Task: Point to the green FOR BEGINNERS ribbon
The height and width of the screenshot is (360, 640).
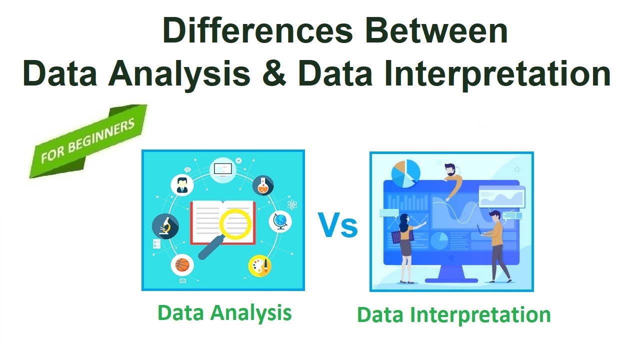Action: coord(88,141)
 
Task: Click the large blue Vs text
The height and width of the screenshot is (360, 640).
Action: coord(338,225)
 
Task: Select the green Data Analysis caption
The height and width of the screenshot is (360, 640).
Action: coord(224,313)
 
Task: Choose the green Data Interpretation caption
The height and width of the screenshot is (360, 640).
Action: coord(453,315)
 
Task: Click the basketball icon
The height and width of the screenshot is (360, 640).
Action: coord(182,265)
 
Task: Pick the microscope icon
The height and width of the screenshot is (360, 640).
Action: coord(165,226)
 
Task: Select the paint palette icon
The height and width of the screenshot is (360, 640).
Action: coord(260,266)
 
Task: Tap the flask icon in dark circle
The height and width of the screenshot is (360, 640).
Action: coord(263,185)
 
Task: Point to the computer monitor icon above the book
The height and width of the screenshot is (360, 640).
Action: coord(222,169)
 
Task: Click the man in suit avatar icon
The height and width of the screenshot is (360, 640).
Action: coord(181,184)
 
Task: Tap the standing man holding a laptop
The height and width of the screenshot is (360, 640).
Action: coord(496,245)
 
